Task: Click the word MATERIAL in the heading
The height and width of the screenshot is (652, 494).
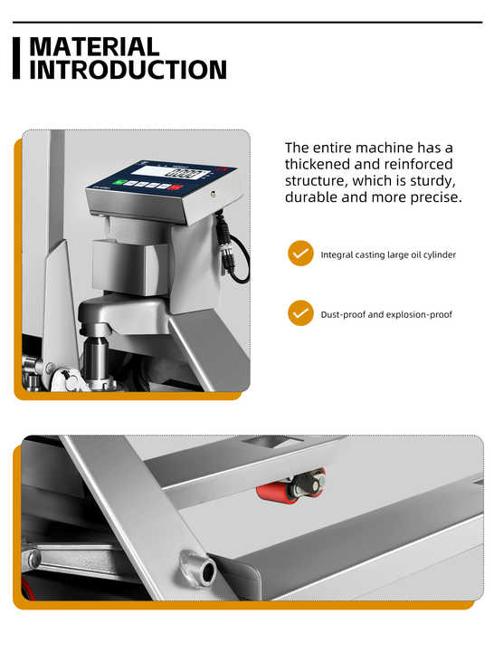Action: tap(94, 47)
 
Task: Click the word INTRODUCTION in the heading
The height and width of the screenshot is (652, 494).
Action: tap(128, 70)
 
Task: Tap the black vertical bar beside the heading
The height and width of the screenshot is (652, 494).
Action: tap(16, 58)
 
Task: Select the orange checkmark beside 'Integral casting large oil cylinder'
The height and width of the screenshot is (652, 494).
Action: tap(300, 254)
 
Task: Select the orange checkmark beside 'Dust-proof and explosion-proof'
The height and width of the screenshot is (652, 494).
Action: tap(300, 313)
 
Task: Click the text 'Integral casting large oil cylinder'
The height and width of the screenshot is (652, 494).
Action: tap(388, 254)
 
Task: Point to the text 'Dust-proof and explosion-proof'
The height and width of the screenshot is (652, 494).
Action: tap(386, 314)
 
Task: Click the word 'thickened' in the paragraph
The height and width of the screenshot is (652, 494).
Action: tap(318, 164)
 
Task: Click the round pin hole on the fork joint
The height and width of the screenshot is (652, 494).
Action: tap(206, 570)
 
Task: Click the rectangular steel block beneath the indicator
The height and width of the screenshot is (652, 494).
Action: tap(134, 268)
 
